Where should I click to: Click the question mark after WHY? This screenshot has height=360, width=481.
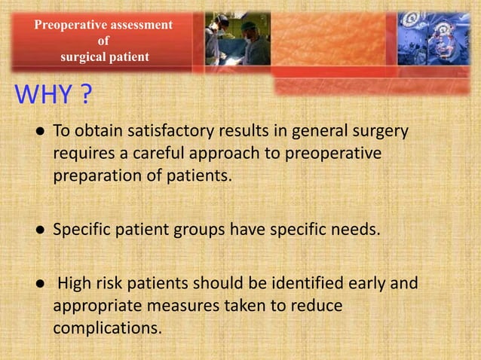[x=87, y=97]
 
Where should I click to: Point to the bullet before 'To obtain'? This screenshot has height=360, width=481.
[x=37, y=131]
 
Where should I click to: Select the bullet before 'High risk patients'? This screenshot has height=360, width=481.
[x=37, y=285]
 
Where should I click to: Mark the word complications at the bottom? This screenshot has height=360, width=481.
[x=107, y=328]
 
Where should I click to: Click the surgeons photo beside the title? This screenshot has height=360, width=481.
[x=237, y=38]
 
